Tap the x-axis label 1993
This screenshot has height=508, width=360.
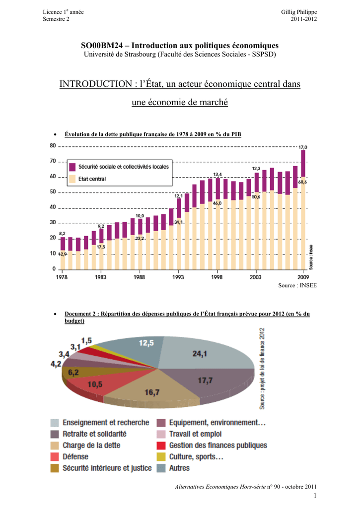coord(178,277)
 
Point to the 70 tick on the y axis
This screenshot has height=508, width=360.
coord(53,161)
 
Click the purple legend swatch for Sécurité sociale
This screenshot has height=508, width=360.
coord(72,167)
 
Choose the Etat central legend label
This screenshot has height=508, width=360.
coord(92,179)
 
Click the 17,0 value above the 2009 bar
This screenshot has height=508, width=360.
coord(303,147)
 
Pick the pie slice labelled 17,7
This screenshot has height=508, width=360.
coord(214,382)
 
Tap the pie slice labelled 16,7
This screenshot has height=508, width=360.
coord(152,389)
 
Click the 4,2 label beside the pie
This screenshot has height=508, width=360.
coord(56,364)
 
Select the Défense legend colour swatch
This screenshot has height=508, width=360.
coord(55,457)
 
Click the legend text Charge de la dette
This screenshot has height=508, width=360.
coord(91,445)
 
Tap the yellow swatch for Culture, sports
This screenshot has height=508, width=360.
coord(161,457)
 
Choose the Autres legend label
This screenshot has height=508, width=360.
coord(179,468)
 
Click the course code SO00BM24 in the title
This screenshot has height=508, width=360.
coord(102,46)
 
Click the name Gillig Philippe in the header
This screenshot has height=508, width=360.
coord(299,12)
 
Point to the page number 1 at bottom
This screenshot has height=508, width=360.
coord(315,496)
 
